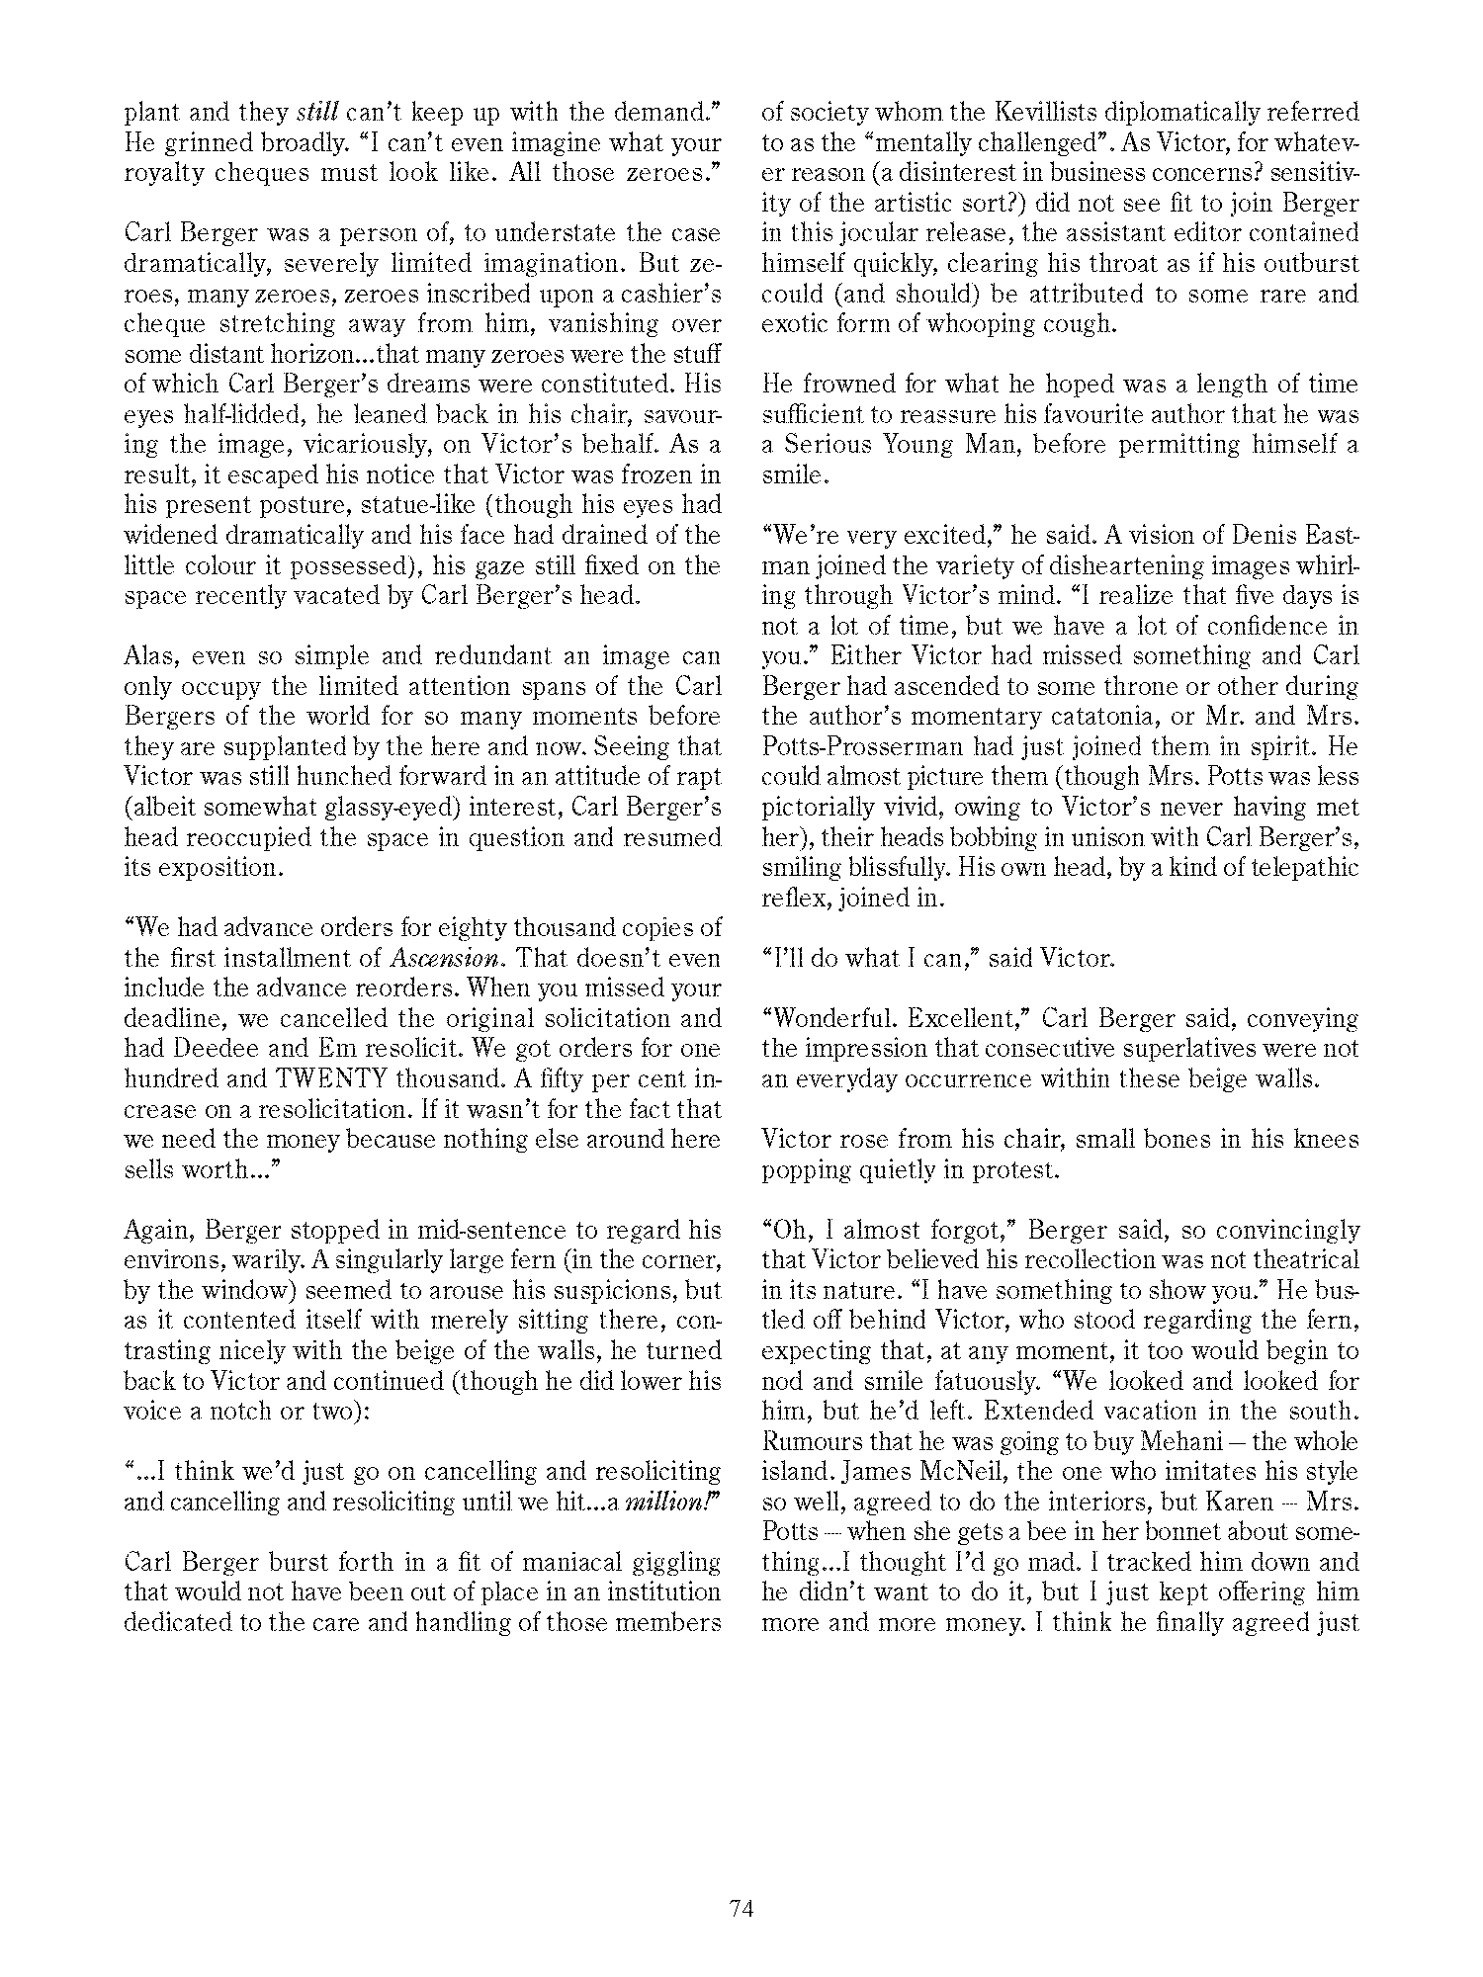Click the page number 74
click(x=741, y=1908)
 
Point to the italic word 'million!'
click(x=675, y=1503)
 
